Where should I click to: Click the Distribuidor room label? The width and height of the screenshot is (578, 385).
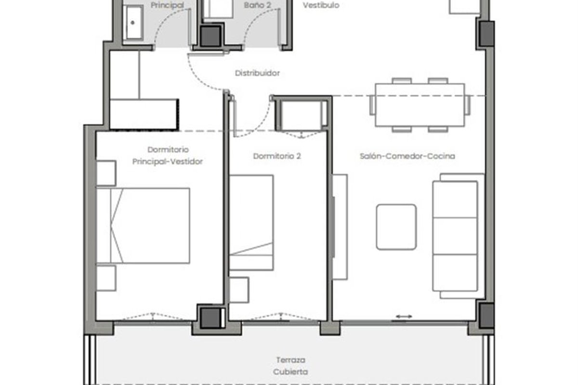(257, 73)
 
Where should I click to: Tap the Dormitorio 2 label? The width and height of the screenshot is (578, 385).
(277, 156)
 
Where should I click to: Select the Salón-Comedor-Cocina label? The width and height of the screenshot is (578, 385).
(407, 156)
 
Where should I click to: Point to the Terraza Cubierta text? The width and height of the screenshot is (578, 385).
(290, 366)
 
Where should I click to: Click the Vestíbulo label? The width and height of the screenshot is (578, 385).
(321, 5)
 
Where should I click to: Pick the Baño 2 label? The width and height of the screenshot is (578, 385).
(257, 5)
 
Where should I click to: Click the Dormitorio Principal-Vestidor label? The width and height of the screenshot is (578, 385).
(168, 155)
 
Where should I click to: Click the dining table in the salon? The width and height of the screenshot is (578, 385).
(420, 105)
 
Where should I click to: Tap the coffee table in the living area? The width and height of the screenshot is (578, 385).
(396, 227)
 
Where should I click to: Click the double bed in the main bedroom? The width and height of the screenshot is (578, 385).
(143, 226)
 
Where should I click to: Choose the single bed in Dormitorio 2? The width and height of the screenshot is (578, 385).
(251, 223)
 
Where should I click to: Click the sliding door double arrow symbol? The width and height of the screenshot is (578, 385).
(404, 316)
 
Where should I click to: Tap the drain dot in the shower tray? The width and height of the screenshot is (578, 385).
(132, 23)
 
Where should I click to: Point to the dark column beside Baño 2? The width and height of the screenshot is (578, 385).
(210, 36)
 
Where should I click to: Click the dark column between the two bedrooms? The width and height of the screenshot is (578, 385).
(211, 318)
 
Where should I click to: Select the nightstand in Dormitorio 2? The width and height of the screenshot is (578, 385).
(239, 290)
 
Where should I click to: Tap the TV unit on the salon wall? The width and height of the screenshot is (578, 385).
(340, 227)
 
